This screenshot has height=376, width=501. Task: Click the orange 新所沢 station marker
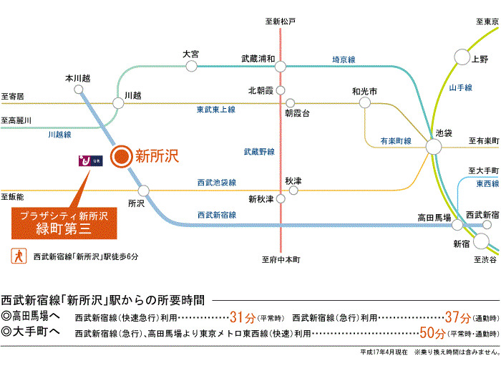pos(122,156)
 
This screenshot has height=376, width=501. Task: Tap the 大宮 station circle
pos(191,66)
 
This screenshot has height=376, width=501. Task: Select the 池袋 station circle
pos(434,147)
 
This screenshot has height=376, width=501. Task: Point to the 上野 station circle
pos(462,57)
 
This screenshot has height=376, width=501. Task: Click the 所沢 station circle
pos(143,191)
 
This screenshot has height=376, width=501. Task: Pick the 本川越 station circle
pos(79,90)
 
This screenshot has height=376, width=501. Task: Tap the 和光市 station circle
pos(365,102)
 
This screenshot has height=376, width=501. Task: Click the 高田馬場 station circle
pos(457,225)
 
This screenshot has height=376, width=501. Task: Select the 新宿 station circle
pos(481,241)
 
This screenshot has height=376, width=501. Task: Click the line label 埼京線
pos(344,59)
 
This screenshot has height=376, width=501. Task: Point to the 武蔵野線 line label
pos(259,152)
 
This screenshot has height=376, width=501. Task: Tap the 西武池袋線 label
pos(217,183)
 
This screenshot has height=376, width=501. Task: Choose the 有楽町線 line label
pos(396,141)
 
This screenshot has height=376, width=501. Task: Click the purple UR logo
pos(91,161)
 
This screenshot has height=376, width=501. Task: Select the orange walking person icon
pos(19,256)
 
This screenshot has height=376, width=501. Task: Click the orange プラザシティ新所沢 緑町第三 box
pos(64,223)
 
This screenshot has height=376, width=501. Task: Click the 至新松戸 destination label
pos(281,21)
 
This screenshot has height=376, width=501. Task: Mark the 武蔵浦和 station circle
pos(281,67)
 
